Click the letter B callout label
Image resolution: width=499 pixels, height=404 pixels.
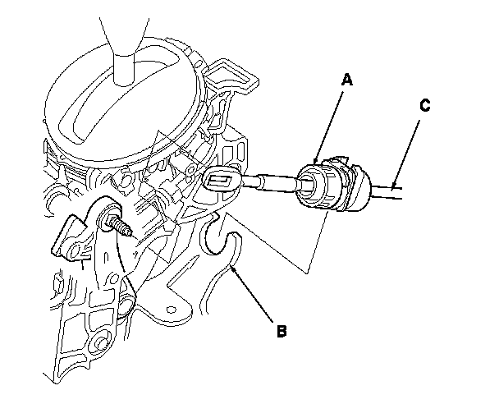[x=281, y=332]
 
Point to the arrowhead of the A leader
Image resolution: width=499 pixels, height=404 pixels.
[x=318, y=158]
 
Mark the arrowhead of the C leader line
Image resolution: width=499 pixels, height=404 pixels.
[x=395, y=187]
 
